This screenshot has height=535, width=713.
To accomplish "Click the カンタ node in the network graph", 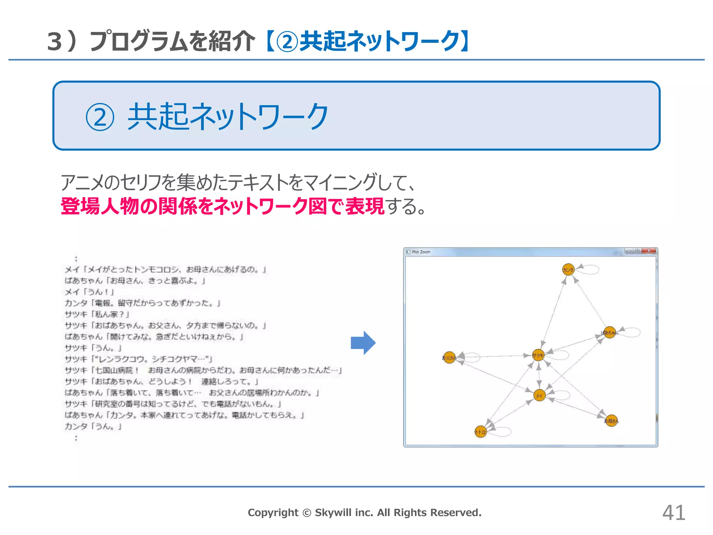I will click(x=568, y=269).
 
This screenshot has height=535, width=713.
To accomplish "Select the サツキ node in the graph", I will click(x=538, y=355).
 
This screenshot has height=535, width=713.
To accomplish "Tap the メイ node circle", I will click(x=539, y=395).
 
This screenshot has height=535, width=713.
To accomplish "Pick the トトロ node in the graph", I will click(x=480, y=432).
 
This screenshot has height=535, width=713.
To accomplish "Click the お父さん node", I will click(x=449, y=357).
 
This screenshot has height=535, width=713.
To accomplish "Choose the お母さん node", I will click(x=611, y=421).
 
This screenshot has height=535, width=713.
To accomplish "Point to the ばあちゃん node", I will click(x=610, y=332).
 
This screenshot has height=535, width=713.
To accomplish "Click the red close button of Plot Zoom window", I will click(x=649, y=251).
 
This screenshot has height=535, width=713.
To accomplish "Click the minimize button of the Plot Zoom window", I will click(x=629, y=251).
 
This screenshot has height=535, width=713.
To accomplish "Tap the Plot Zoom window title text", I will click(x=421, y=252).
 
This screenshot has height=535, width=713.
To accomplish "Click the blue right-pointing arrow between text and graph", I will click(x=363, y=343).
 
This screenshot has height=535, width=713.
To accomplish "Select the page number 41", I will click(x=674, y=513).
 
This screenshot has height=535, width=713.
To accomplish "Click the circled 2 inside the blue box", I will click(x=100, y=117).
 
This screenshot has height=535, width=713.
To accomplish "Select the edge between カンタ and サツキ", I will click(x=554, y=312).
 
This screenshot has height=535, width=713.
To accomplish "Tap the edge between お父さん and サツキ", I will click(x=494, y=356).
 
